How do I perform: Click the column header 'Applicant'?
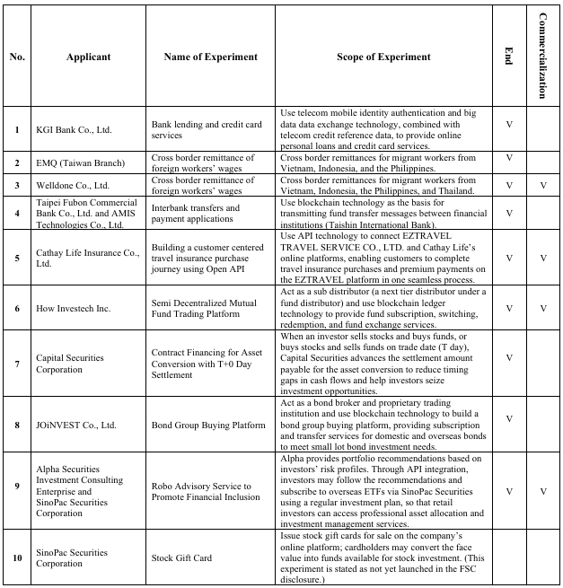point(88,57)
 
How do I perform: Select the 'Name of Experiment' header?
point(210,57)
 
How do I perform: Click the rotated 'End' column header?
point(508,57)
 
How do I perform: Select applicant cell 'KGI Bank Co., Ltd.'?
point(75,129)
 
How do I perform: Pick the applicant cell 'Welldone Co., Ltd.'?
point(73,186)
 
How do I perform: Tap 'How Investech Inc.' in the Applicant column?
point(74,308)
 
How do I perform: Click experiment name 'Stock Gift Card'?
point(181,557)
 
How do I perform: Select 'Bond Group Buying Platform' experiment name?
point(208,426)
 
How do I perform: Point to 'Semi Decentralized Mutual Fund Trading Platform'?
point(203,308)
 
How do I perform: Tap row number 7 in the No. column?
point(17,363)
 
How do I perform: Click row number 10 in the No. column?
point(17,557)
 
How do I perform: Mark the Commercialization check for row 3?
point(542,186)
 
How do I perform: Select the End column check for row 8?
point(509,418)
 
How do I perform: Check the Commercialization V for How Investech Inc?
point(542,308)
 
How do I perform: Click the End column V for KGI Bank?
point(509,123)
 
